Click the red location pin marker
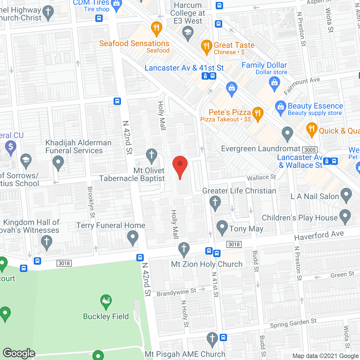tap(180, 166)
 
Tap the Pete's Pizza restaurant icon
tap(258, 114)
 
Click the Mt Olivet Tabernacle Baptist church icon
tap(152, 155)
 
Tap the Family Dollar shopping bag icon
tap(274, 83)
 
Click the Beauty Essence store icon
tap(280, 107)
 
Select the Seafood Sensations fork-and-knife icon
tap(156, 28)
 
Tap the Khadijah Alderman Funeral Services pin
tap(58, 163)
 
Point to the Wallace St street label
tap(261, 177)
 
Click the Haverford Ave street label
tap(319, 235)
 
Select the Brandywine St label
tap(176, 292)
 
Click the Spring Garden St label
tap(293, 323)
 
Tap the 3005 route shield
tap(310, 150)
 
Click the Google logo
tap(19, 353)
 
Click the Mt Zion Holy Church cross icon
tap(184, 249)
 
